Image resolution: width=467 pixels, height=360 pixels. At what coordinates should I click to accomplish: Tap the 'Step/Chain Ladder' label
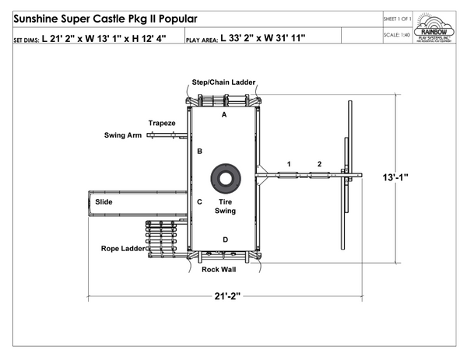pyautogui.click(x=223, y=82)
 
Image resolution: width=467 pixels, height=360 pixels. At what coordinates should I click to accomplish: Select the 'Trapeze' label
pyautogui.click(x=163, y=123)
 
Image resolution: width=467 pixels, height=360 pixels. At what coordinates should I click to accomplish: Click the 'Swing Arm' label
pyautogui.click(x=123, y=135)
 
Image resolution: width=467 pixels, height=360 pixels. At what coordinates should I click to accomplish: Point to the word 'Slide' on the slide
pyautogui.click(x=104, y=202)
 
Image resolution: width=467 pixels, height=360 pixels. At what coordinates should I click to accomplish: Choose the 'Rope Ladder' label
pyautogui.click(x=121, y=249)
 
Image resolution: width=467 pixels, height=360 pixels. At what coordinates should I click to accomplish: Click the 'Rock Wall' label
pyautogui.click(x=219, y=270)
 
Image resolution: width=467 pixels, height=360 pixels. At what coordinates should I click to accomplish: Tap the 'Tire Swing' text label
pyautogui.click(x=226, y=206)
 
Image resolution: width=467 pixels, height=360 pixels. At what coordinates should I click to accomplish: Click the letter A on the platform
pyautogui.click(x=224, y=114)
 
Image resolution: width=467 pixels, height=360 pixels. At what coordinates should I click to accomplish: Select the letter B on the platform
pyautogui.click(x=200, y=151)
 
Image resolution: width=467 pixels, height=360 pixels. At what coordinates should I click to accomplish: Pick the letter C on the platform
pyautogui.click(x=200, y=202)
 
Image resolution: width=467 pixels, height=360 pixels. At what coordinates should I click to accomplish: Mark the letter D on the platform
pyautogui.click(x=225, y=239)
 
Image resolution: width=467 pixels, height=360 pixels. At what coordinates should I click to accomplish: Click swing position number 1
pyautogui.click(x=289, y=163)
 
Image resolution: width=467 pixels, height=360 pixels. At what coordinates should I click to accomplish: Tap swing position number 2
pyautogui.click(x=319, y=163)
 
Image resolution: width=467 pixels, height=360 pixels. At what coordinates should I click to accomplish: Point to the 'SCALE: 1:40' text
pyautogui.click(x=397, y=34)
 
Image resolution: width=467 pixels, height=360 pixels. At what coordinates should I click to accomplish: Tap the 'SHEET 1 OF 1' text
pyautogui.click(x=397, y=18)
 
